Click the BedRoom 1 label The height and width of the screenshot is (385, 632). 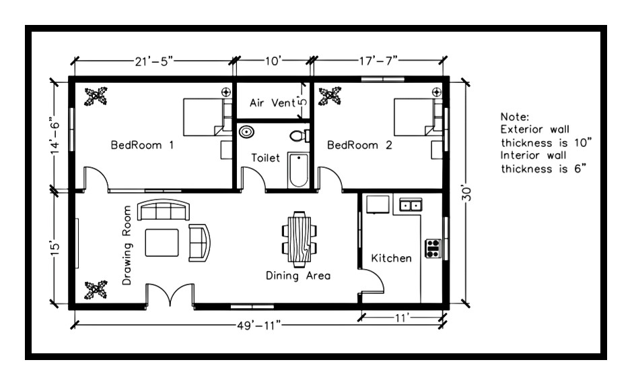[142, 144]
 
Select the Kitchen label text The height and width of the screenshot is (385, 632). [391, 258]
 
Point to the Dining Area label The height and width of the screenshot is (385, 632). [297, 275]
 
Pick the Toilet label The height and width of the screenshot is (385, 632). [265, 157]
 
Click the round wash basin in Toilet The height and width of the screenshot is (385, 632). [248, 132]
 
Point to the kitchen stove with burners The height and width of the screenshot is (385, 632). [432, 248]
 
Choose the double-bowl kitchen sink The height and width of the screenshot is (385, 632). [411, 204]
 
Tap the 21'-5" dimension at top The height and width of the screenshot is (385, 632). [154, 62]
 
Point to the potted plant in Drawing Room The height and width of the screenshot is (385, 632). [95, 290]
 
